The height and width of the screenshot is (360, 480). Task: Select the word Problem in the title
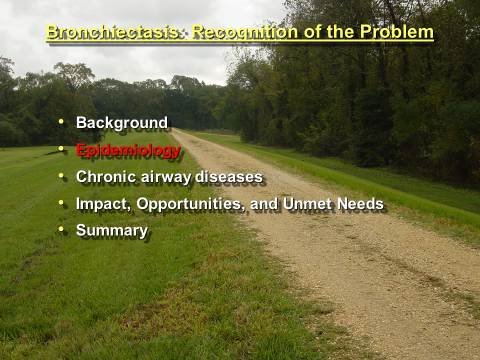tap(396, 32)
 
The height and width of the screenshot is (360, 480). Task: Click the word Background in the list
tap(122, 123)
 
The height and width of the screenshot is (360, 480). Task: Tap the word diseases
tap(229, 176)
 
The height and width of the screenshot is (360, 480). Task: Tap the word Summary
tap(112, 231)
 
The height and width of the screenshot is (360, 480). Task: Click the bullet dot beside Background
tap(61, 121)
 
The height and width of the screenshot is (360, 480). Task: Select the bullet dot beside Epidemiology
tap(61, 148)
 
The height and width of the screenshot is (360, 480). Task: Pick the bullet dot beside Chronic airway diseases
tap(61, 175)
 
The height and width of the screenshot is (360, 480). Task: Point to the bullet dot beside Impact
tap(61, 202)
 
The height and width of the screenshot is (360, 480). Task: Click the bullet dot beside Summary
tap(61, 229)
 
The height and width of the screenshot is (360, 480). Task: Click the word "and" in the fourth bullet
tap(264, 203)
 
